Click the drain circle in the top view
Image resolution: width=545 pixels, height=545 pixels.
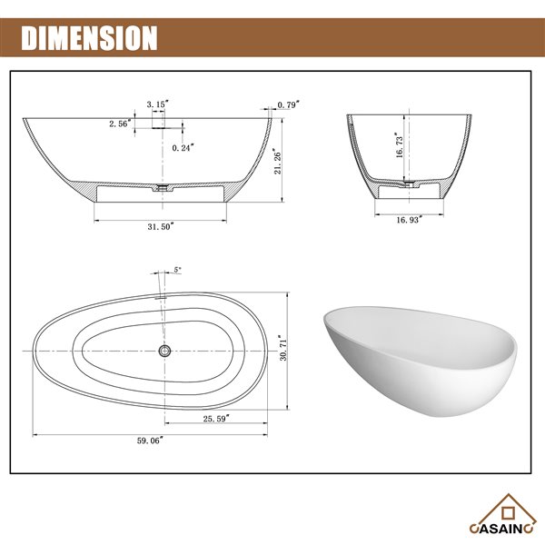click(x=163, y=350)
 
